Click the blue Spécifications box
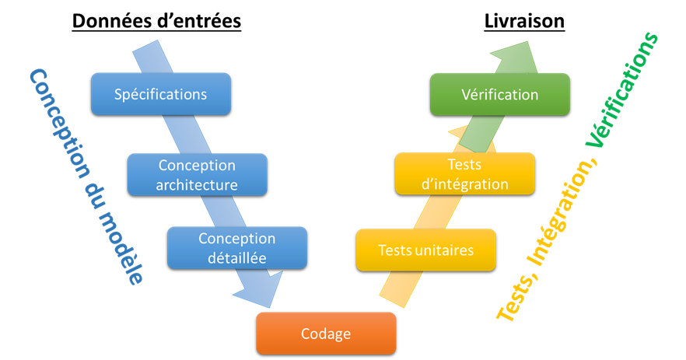tap(160, 95)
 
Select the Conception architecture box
tap(196, 175)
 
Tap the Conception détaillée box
tap(236, 246)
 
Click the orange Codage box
tap(326, 334)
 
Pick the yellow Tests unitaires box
tap(425, 250)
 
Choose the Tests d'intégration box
tap(464, 174)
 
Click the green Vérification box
tap(499, 95)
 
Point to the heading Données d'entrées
tap(156, 21)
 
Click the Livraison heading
tap(524, 21)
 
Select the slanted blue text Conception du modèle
tap(86, 176)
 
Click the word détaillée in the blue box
tap(236, 257)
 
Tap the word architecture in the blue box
tap(196, 185)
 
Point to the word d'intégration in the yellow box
tap(464, 184)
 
